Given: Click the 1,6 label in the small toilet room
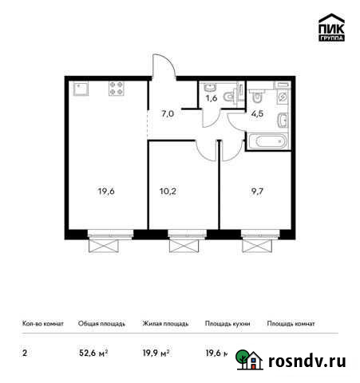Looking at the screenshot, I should pyautogui.click(x=212, y=99).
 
